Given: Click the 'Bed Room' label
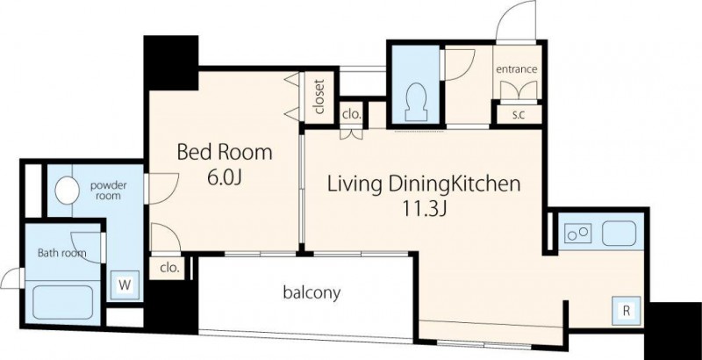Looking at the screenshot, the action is coord(225,152).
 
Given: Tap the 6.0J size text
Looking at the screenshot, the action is coord(225,177).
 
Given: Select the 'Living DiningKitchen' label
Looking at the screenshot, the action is coord(424,184).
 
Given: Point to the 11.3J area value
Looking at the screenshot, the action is coord(424,209).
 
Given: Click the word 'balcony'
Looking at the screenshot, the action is coord(312,293).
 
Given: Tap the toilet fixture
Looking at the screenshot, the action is coord(416,102).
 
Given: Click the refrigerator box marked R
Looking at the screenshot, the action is coord(626,311).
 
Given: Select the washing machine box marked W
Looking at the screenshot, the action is coord(125,285).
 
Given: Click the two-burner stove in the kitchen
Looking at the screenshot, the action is coord(577,233).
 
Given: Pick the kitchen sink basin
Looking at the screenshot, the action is coord(619,234).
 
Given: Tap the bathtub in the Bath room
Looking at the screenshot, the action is coord(62,302).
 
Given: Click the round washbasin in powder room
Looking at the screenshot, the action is coord(68,191).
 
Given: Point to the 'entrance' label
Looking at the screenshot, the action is coord(516,69).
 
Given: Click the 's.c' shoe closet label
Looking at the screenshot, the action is coord(519,114).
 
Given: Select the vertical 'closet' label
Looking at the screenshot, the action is coord(319,97).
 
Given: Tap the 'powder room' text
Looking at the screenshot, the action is coord(108,191).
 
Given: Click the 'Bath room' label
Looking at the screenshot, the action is coord(61,253).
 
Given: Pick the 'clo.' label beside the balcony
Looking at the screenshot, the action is coord(170,268).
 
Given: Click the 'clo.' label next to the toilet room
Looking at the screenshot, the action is coord(352,114).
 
